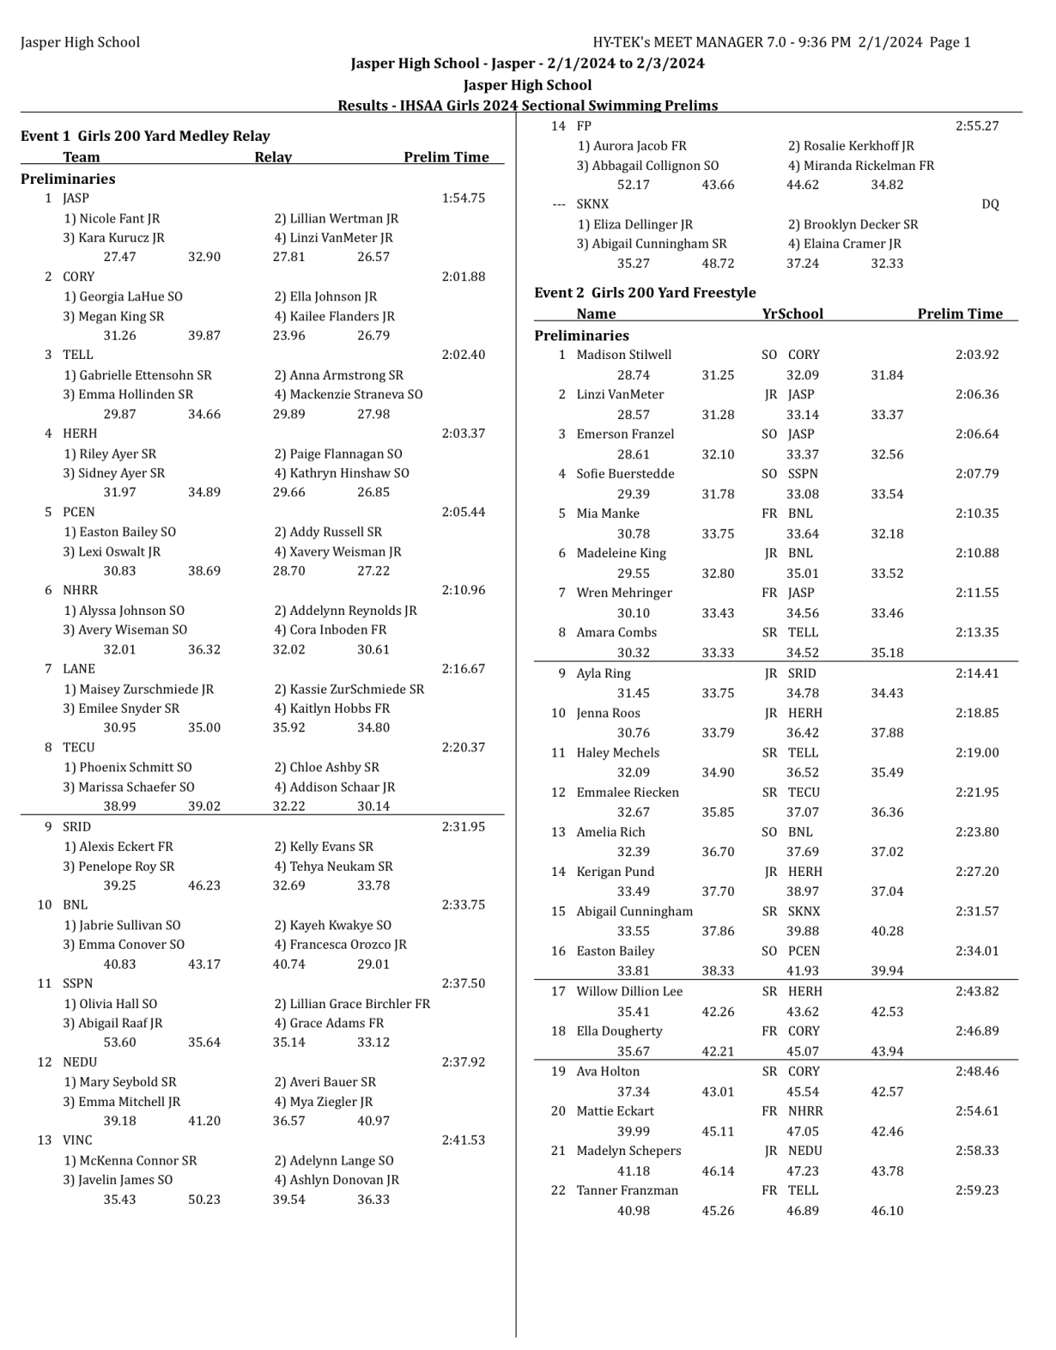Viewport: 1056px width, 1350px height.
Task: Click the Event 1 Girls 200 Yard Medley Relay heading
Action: (x=145, y=136)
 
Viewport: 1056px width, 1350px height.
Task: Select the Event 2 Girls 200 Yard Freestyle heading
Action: (x=645, y=293)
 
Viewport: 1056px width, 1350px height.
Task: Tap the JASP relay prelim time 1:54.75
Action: (x=463, y=198)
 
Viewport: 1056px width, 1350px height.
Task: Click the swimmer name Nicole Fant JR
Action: (x=112, y=219)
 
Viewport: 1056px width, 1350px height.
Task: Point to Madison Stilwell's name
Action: (x=623, y=355)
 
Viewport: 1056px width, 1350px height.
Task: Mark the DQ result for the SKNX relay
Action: (x=990, y=204)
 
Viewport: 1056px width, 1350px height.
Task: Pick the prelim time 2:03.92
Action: (x=977, y=355)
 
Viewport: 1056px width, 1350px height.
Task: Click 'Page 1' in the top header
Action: (x=950, y=42)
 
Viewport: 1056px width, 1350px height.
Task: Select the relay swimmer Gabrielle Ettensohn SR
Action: (x=137, y=375)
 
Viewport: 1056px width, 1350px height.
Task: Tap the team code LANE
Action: (x=79, y=669)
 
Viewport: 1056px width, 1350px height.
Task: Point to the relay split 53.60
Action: (x=119, y=1043)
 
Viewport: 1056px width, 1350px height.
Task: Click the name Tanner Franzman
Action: (x=627, y=1191)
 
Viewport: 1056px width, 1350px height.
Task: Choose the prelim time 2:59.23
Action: (x=977, y=1191)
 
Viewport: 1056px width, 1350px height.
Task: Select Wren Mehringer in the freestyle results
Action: (x=623, y=593)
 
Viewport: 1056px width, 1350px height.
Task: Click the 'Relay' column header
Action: (x=273, y=157)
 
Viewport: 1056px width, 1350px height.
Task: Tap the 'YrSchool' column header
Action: (x=792, y=314)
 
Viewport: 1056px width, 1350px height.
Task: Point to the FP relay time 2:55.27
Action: (x=977, y=126)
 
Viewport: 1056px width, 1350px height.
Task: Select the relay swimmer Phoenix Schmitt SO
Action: (x=128, y=768)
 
